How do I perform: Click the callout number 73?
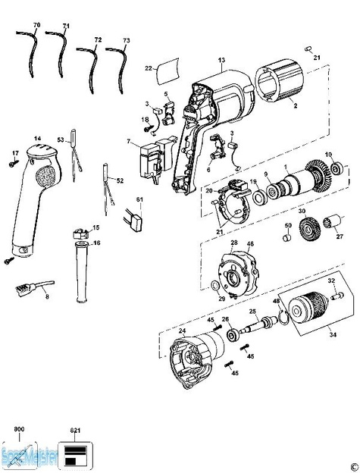[x=126, y=39]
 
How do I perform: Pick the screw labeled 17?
[x=14, y=161]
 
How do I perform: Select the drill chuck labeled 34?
[x=306, y=311]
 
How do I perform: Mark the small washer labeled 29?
[x=218, y=287]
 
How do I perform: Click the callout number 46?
[x=250, y=245]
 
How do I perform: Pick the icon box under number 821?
[x=74, y=452]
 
